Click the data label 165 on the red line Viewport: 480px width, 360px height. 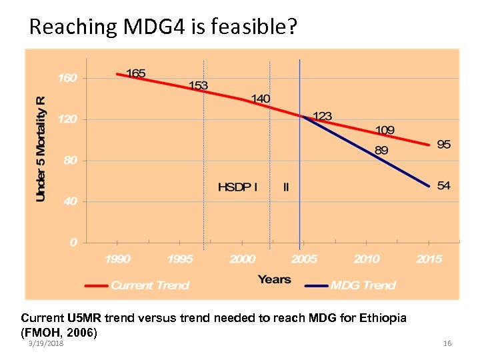[x=136, y=73]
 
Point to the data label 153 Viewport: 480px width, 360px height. [x=198, y=85]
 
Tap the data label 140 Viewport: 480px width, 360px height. [x=261, y=99]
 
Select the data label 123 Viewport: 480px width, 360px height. [x=322, y=116]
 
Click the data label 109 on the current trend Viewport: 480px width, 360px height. [x=385, y=129]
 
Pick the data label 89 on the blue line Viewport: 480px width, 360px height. [x=381, y=151]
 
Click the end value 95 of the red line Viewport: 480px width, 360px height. [x=444, y=144]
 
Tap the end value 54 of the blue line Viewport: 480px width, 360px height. [x=444, y=185]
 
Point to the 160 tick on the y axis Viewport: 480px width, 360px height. [x=67, y=79]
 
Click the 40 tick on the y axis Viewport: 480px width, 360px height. [x=70, y=201]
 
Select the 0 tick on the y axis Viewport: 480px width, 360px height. [x=73, y=243]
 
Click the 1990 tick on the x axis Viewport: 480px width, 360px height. [x=118, y=259]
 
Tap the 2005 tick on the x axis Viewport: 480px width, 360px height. [x=305, y=259]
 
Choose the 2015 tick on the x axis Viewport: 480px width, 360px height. [x=429, y=259]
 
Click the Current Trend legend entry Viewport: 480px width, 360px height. [x=150, y=285]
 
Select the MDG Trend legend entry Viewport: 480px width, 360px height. [x=363, y=285]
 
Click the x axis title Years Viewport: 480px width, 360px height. [x=274, y=279]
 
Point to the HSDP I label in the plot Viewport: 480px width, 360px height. [x=237, y=187]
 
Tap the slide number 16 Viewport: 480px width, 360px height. [x=447, y=343]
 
